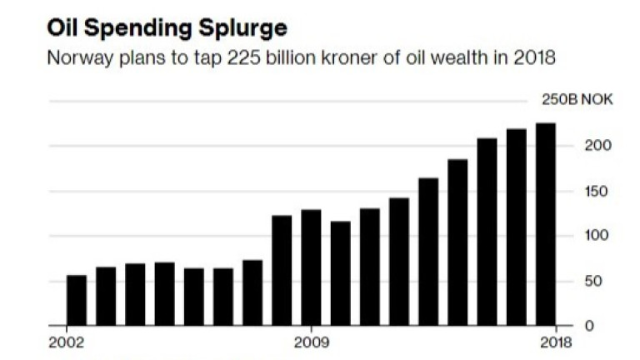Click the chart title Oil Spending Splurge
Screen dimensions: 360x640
tap(167, 28)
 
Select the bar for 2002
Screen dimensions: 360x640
tap(77, 299)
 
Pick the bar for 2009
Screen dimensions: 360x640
tap(311, 267)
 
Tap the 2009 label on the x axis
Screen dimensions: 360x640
tap(311, 342)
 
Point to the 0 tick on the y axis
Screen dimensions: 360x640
tap(572, 325)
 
